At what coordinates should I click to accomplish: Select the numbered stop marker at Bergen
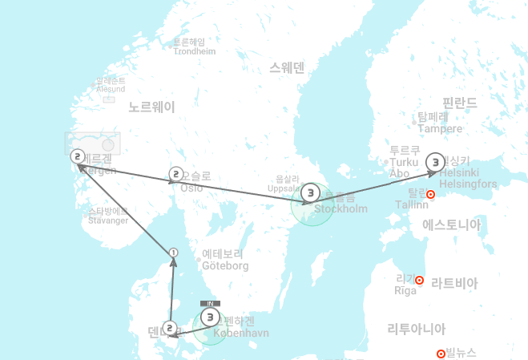tap(78, 156)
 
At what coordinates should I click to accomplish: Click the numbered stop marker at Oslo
tap(176, 173)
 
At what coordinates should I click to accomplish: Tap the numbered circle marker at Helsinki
tap(434, 162)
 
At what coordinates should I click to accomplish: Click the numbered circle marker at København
tap(210, 318)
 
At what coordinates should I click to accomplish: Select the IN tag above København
tap(209, 304)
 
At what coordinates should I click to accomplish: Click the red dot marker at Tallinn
tap(430, 195)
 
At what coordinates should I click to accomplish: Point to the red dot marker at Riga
tap(419, 280)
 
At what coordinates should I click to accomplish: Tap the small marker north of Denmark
tap(173, 253)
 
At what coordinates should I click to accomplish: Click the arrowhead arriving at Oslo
tap(171, 182)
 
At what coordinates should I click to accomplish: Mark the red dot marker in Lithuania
tap(441, 354)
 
